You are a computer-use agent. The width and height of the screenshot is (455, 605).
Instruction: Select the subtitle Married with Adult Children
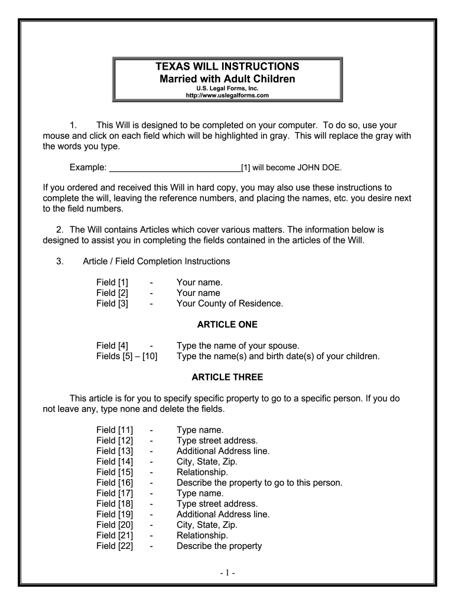coord(227,78)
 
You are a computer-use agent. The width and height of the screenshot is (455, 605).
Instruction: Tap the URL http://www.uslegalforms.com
coord(227,95)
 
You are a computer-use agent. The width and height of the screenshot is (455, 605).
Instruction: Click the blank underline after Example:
coord(175,167)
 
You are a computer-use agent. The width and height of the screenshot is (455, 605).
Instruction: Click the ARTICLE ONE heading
coord(227,324)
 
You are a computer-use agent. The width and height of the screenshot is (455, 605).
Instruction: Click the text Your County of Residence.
coord(230,304)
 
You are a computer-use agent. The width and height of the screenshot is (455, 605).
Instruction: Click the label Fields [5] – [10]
coord(127,356)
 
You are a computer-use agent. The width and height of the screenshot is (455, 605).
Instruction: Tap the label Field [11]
coord(115,430)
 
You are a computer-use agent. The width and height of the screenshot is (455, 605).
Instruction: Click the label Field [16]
coord(115,483)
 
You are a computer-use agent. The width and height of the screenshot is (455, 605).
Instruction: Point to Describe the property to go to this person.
coord(259,483)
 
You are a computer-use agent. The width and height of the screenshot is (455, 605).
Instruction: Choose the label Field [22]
coord(115,546)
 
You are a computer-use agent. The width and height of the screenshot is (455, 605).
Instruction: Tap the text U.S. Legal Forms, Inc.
coord(227,88)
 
